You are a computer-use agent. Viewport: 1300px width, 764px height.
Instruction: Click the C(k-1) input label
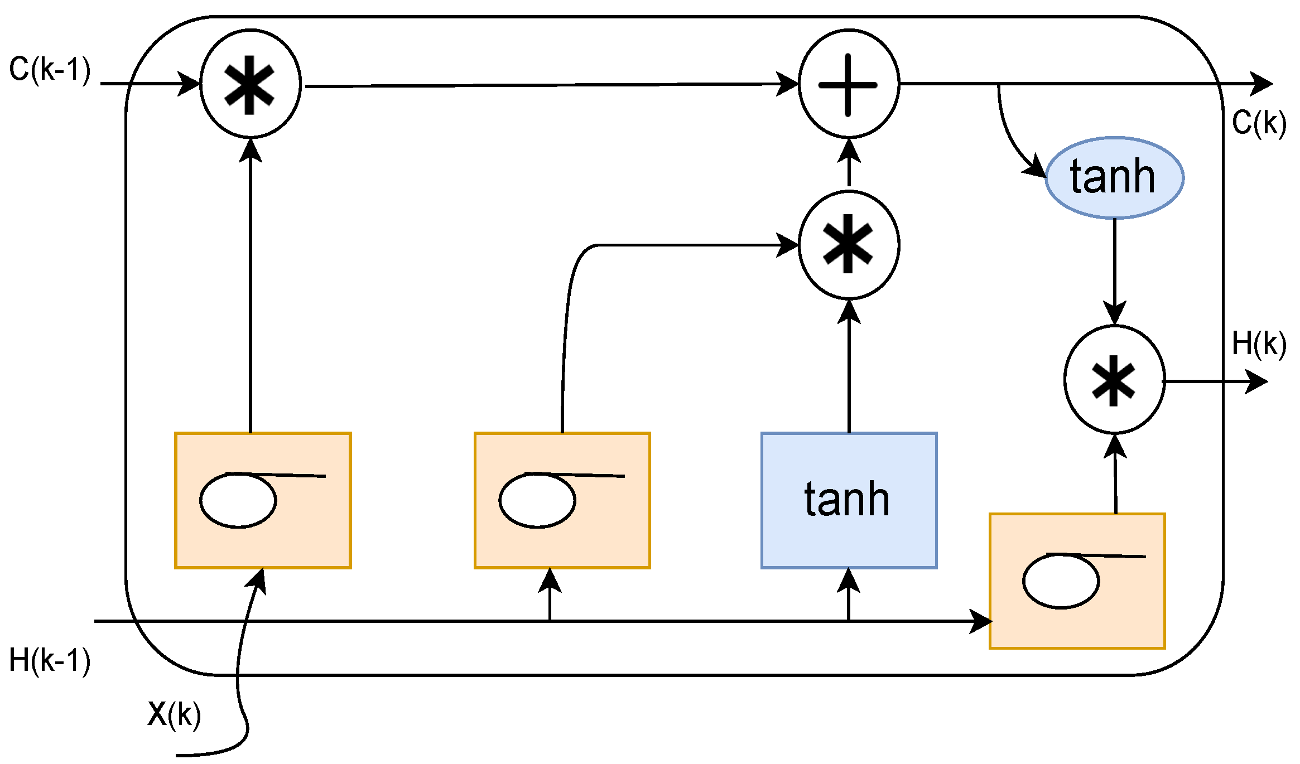(50, 70)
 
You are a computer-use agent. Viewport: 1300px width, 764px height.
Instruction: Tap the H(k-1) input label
(50, 660)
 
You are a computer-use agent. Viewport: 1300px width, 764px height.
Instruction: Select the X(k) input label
(174, 714)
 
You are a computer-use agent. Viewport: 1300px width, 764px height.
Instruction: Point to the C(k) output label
(1259, 123)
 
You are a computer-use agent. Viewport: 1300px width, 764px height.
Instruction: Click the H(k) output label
(1259, 344)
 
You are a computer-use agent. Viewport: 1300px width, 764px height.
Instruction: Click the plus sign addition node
(849, 84)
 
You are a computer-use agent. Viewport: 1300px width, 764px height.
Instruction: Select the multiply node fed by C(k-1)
(251, 84)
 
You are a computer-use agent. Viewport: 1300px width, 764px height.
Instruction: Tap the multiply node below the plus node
(849, 245)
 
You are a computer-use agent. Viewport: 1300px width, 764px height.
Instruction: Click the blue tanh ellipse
(1114, 177)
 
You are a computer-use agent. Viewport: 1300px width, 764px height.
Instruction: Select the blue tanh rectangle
(849, 500)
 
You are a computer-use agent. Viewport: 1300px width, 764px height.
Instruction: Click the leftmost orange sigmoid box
(263, 500)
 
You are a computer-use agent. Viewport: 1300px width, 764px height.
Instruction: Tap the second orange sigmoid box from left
(562, 500)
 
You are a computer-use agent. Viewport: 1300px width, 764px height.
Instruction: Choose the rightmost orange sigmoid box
(1077, 581)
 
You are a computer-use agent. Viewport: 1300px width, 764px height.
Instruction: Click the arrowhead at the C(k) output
(1262, 84)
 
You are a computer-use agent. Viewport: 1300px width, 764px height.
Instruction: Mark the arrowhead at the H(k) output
(1258, 382)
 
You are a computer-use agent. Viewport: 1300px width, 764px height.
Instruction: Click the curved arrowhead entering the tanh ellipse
(1037, 167)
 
